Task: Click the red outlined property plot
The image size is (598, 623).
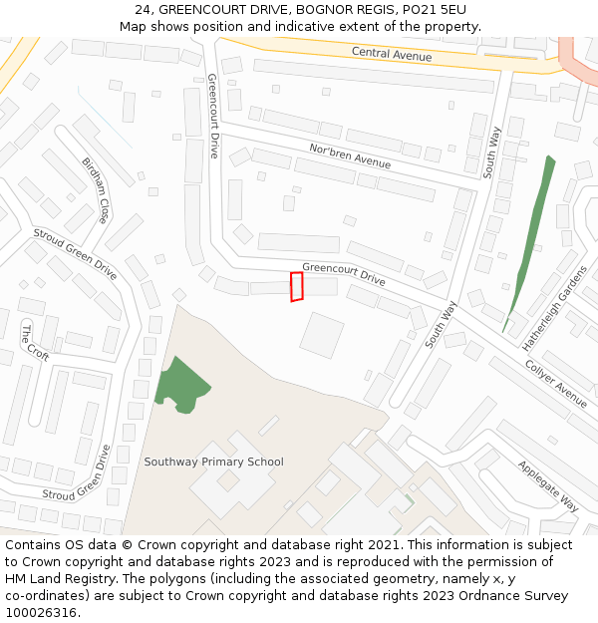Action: pyautogui.click(x=296, y=286)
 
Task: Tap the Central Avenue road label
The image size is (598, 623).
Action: pyautogui.click(x=392, y=54)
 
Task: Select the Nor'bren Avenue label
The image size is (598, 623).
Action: pyautogui.click(x=349, y=155)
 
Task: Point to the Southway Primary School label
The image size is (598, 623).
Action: pyautogui.click(x=213, y=462)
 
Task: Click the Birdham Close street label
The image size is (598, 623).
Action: pyautogui.click(x=96, y=189)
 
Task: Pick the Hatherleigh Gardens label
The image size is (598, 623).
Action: pyautogui.click(x=556, y=309)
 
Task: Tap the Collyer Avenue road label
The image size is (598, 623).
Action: pyautogui.click(x=556, y=382)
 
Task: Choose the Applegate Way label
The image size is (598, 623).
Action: pyautogui.click(x=548, y=485)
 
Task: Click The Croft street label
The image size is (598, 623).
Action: pyautogui.click(x=35, y=342)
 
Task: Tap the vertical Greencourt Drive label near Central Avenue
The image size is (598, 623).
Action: pyautogui.click(x=212, y=116)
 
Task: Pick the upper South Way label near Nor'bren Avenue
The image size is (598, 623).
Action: pyautogui.click(x=490, y=152)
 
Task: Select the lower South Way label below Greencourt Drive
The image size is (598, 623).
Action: pyautogui.click(x=439, y=324)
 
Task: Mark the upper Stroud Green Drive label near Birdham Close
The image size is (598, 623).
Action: pyautogui.click(x=75, y=253)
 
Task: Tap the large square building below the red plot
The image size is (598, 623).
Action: pyautogui.click(x=322, y=335)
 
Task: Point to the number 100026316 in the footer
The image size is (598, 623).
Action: pyautogui.click(x=41, y=613)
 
